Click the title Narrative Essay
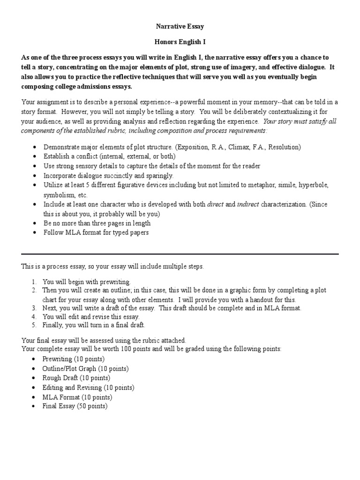coord(180,27)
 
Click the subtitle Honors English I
coord(180,42)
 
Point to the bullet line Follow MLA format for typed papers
coord(96,233)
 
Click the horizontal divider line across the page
coord(180,254)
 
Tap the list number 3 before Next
coord(34,308)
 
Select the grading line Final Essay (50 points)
coord(75,406)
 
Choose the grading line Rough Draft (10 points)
coord(76,378)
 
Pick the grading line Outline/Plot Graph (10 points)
coord(85,368)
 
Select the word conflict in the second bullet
coord(83,157)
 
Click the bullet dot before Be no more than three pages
coord(36,224)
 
